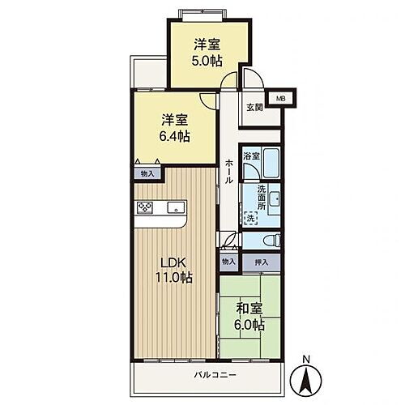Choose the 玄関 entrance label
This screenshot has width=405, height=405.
254,106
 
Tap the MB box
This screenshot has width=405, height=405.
281,98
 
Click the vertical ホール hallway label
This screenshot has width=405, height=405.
229,170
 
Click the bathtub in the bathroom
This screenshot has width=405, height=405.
271,165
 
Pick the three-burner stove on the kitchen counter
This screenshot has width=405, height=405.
146,208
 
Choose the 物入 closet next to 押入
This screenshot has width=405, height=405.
228,262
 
